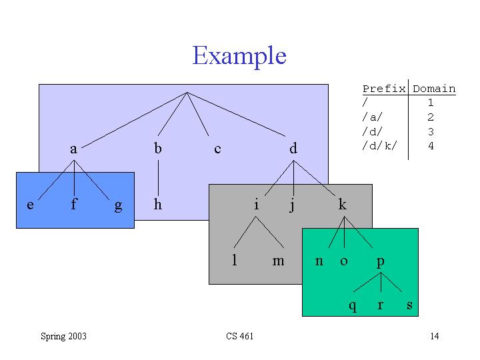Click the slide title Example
pyautogui.click(x=239, y=55)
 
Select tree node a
pyautogui.click(x=73, y=149)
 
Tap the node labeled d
pyautogui.click(x=293, y=148)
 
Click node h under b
pyautogui.click(x=157, y=204)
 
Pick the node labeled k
pyautogui.click(x=343, y=204)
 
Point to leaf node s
pyautogui.click(x=409, y=305)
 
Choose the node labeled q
pyautogui.click(x=353, y=306)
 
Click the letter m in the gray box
pyautogui.click(x=278, y=261)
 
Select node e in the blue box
pyautogui.click(x=30, y=205)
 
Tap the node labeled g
pyautogui.click(x=118, y=206)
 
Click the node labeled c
pyautogui.click(x=217, y=149)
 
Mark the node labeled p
pyautogui.click(x=381, y=263)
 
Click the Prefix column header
pyautogui.click(x=384, y=89)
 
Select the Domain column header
pyautogui.click(x=434, y=89)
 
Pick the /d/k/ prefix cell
pyautogui.click(x=379, y=146)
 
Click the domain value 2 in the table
pyautogui.click(x=431, y=117)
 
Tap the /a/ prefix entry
pyautogui.click(x=372, y=117)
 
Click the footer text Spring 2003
pyautogui.click(x=64, y=336)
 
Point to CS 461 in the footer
pyautogui.click(x=240, y=336)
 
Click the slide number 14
pyautogui.click(x=435, y=336)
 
